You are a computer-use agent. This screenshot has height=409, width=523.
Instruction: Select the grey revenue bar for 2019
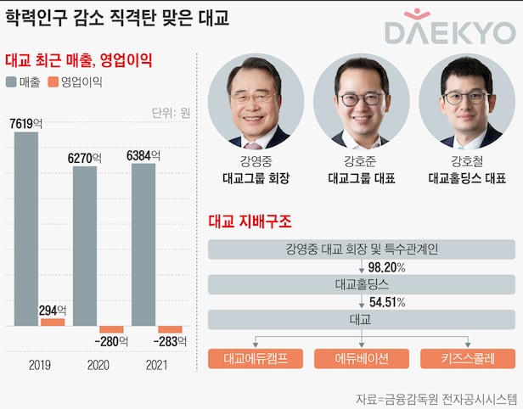tap(26, 229)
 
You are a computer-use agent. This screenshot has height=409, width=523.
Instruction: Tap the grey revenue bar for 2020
tap(85, 246)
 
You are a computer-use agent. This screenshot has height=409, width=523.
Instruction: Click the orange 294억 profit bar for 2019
tap(53, 322)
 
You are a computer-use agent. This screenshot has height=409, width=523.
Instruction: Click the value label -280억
tap(111, 342)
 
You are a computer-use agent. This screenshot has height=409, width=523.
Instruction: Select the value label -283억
tap(170, 342)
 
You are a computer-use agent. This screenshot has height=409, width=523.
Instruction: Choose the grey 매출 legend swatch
tap(11, 82)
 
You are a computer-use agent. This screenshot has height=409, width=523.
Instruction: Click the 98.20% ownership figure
tap(386, 267)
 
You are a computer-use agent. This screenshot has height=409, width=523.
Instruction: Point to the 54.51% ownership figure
tap(386, 302)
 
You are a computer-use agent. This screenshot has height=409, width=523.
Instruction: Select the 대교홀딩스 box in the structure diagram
tap(360, 285)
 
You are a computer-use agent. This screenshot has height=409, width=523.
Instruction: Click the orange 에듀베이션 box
tap(360, 358)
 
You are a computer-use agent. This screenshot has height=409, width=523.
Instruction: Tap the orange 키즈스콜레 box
tap(467, 358)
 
